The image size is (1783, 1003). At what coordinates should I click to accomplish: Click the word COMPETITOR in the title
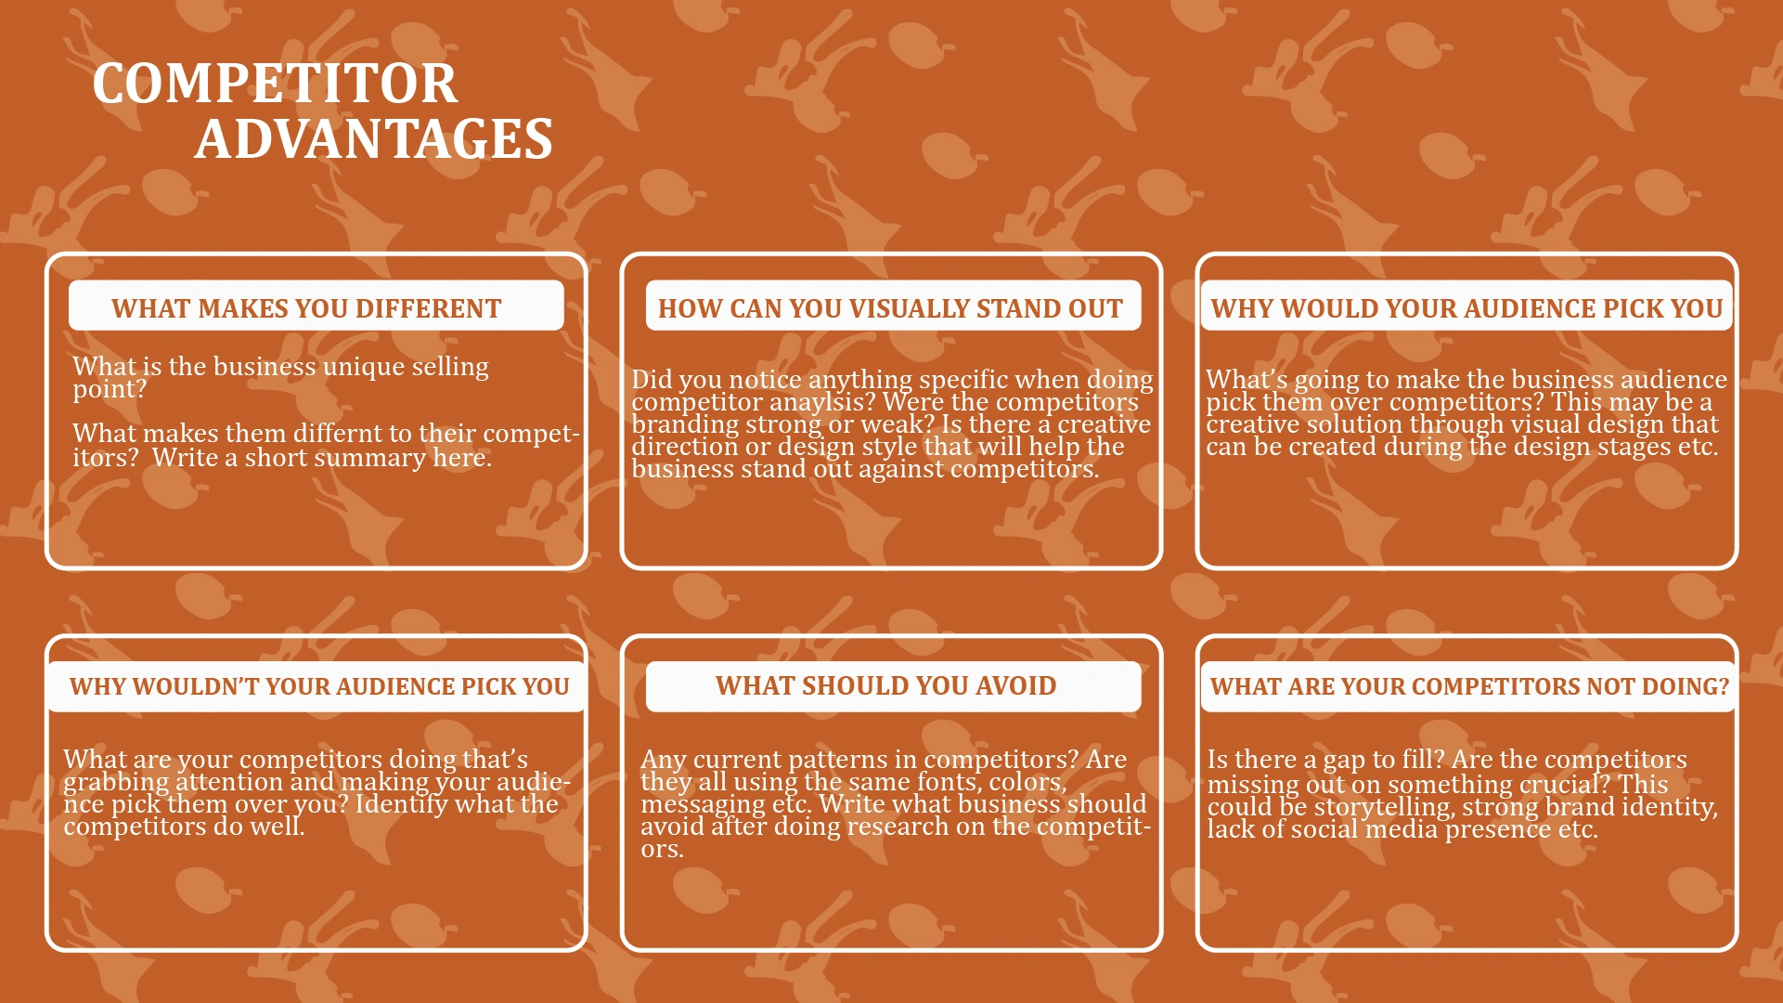275,84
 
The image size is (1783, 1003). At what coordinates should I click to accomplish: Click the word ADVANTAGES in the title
374,139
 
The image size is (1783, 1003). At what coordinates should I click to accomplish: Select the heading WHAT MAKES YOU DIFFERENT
306,308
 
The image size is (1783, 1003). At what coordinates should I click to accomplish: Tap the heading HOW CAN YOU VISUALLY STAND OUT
890,308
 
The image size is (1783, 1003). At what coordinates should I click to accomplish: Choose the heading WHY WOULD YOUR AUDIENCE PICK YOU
1466,308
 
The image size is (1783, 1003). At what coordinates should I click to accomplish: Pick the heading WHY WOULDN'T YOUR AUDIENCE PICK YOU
319,686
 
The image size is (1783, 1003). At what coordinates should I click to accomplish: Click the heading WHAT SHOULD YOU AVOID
885,685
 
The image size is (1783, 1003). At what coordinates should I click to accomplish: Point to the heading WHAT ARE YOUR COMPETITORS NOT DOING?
1469,686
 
